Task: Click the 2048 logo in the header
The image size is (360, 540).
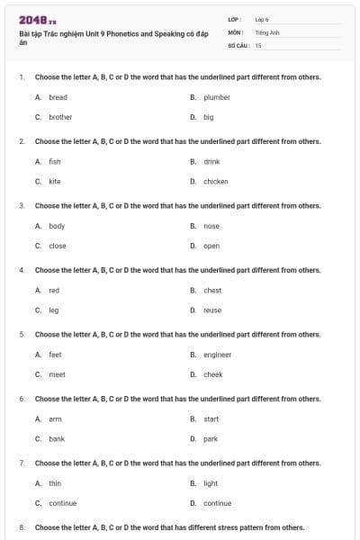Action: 31,19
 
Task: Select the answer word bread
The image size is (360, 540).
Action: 58,97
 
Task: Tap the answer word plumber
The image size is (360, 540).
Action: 217,97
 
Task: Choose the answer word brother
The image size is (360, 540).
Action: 60,117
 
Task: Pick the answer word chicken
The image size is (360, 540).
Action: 216,181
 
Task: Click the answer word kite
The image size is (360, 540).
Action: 55,181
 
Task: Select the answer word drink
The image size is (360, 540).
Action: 211,161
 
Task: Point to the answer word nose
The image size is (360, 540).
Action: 211,226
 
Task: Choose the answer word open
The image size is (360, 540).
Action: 211,246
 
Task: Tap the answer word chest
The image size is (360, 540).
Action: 212,290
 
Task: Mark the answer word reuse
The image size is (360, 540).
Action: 212,310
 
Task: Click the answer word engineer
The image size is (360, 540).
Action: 218,355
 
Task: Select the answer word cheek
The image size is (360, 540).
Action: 213,374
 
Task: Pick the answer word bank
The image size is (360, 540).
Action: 57,439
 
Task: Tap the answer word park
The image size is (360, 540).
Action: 211,439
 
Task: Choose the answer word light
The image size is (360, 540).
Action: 211,483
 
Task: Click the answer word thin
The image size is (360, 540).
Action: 55,483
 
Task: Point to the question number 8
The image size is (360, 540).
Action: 22,527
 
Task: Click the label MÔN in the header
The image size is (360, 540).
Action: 236,31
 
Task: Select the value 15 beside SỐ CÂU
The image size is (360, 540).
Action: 258,44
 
